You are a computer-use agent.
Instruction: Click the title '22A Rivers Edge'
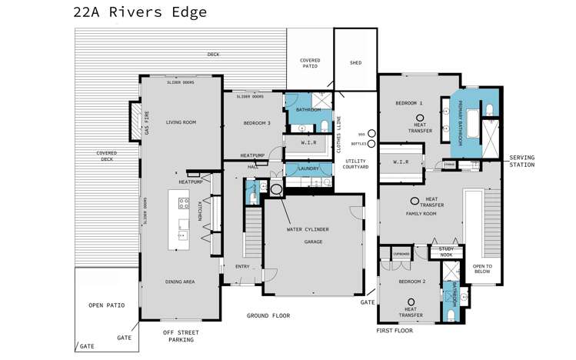(139, 12)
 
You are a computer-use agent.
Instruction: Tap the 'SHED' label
(355, 63)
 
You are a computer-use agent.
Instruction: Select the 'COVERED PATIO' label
(310, 63)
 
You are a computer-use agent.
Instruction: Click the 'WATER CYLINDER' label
(308, 229)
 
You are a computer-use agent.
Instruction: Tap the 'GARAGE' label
(312, 242)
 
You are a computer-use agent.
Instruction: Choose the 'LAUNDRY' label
(308, 168)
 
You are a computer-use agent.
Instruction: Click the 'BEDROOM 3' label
(257, 123)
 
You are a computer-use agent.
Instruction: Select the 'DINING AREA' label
(180, 282)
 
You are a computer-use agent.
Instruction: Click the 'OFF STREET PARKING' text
(178, 335)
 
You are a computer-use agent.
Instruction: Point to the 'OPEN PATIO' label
(106, 305)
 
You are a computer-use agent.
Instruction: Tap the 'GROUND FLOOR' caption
(268, 315)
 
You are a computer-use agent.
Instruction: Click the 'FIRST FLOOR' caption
(395, 330)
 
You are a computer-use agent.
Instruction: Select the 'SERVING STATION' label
(521, 161)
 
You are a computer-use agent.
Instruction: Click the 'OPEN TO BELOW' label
(482, 268)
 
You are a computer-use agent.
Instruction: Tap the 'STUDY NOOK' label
(446, 252)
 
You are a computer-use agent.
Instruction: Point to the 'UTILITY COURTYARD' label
(358, 164)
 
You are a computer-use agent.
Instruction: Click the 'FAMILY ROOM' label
(421, 213)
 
